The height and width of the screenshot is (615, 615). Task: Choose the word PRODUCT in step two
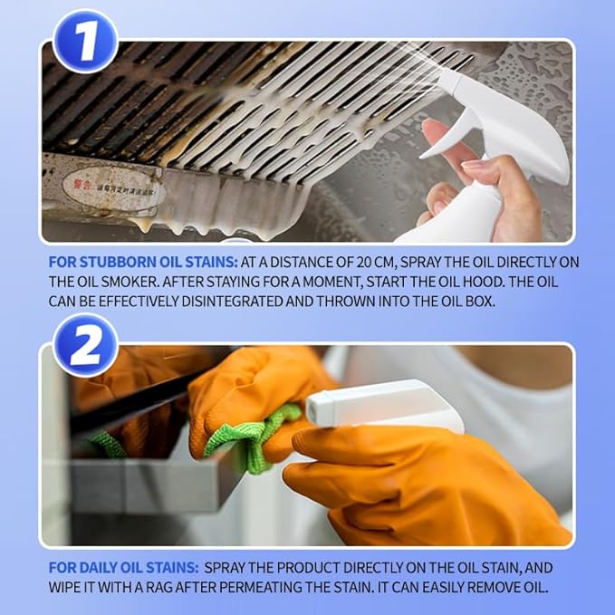[324, 567]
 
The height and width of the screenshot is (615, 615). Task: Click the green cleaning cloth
[245, 435]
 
